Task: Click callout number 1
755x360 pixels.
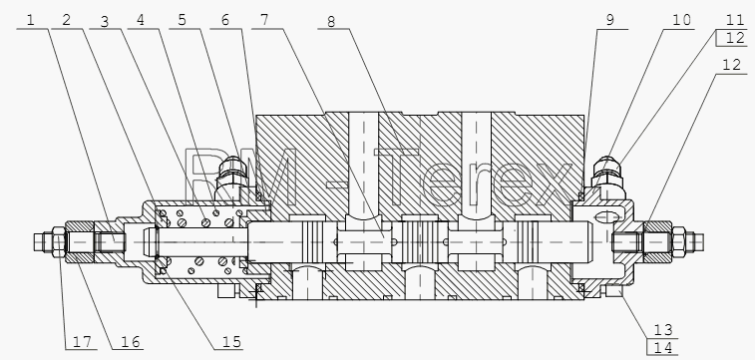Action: point(31,20)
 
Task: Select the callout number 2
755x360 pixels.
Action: point(67,20)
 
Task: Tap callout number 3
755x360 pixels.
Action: point(105,22)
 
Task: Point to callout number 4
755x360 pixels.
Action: point(140,21)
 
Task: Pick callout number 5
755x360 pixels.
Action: point(182,20)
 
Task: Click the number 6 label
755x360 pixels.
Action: point(225,20)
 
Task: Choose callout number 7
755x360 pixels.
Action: point(264,20)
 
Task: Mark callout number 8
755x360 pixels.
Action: point(331,22)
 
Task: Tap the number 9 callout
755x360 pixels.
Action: point(610,20)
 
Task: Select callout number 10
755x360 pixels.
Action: point(681,20)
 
